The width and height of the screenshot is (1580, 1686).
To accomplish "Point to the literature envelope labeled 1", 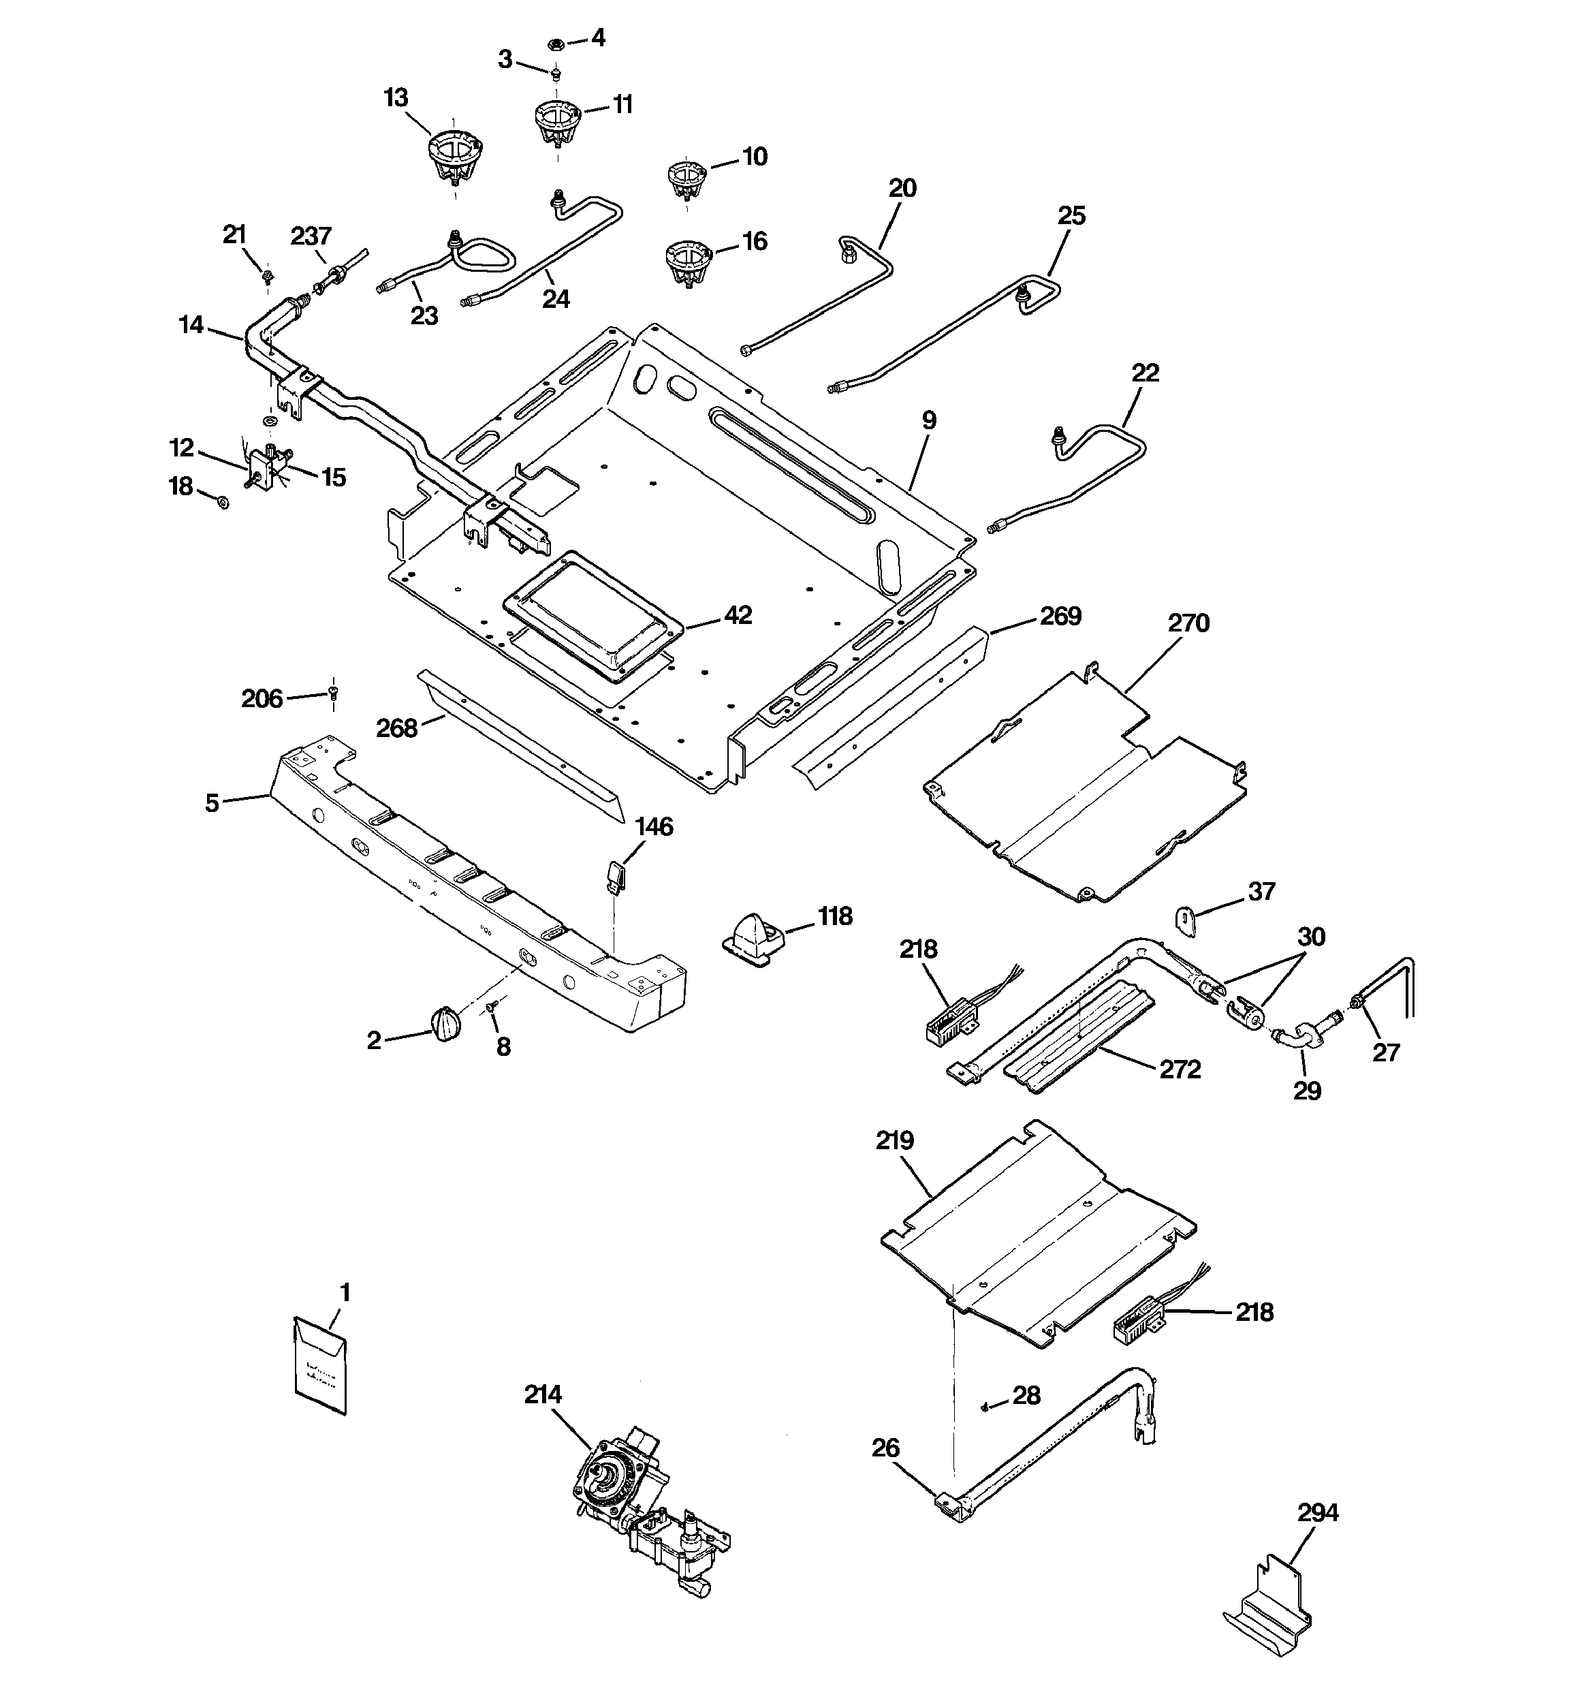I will point(321,1367).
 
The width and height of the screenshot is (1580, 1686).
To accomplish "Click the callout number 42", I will point(738,615).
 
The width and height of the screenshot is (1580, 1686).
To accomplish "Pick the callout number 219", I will point(896,1140).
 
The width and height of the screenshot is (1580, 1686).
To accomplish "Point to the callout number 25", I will point(1071,215).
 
